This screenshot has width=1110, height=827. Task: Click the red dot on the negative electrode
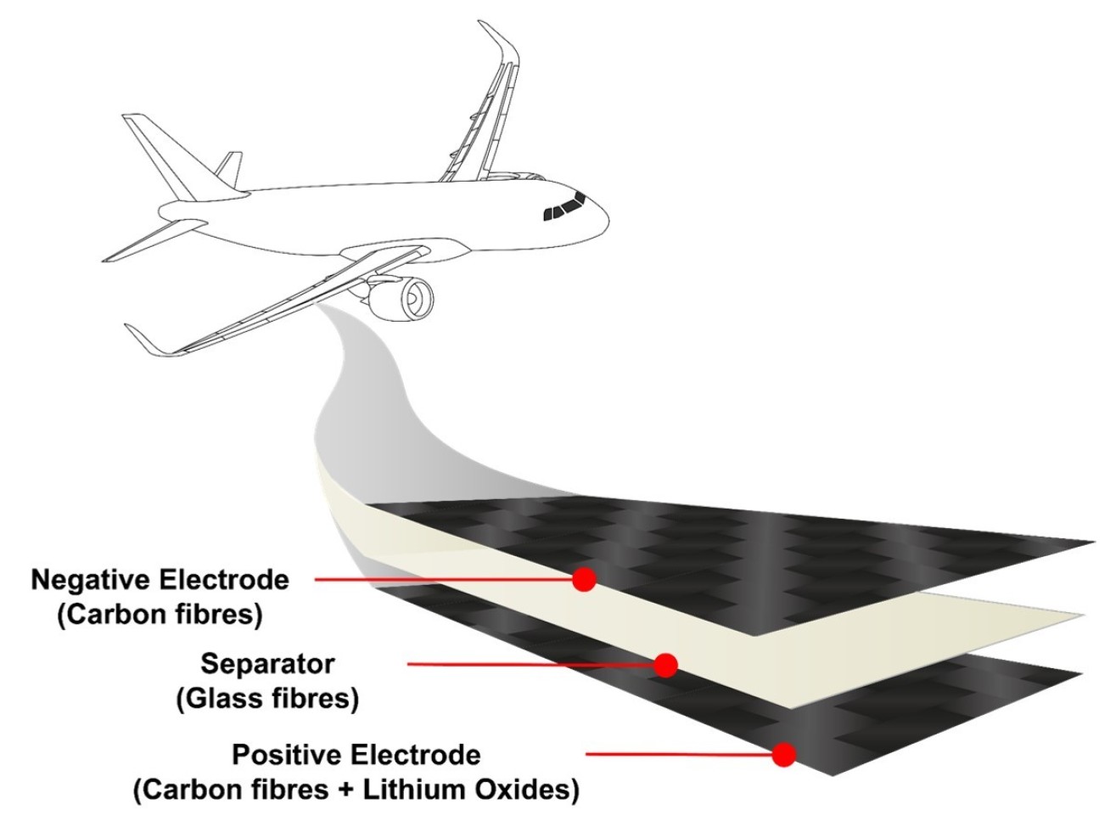(584, 580)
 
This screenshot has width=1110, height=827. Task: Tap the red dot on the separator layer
(665, 665)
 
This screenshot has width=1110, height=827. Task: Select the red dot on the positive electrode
(784, 754)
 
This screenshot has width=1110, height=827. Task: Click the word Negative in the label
(91, 580)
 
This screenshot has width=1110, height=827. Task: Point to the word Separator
(268, 665)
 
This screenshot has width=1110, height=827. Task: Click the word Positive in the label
(289, 754)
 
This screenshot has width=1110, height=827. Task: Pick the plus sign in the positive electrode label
(345, 791)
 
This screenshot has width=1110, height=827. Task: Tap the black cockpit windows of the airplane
(564, 207)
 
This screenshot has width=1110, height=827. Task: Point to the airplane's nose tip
(608, 219)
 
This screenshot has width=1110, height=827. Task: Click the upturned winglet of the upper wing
(498, 40)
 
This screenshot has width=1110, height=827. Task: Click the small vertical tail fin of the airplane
(230, 168)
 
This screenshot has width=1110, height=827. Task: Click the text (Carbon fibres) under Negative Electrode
(160, 615)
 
